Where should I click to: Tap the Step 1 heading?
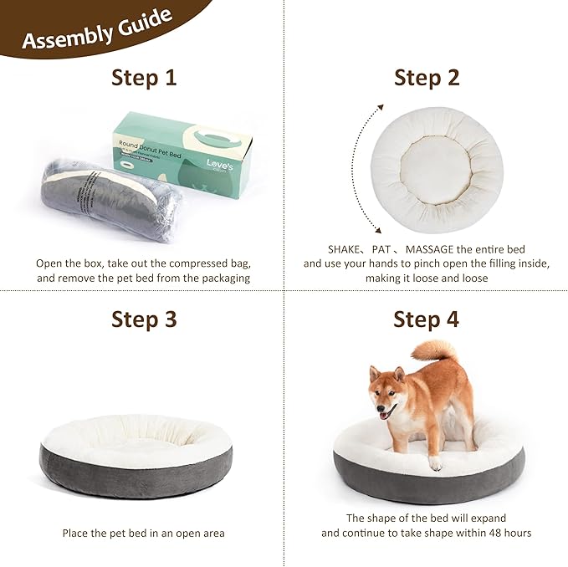(144, 79)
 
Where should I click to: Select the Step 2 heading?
(427, 79)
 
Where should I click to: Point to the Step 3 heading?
(144, 319)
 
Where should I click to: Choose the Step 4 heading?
(427, 319)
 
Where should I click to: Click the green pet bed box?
(184, 155)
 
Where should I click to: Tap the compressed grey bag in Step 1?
(109, 197)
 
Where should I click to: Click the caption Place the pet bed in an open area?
(143, 533)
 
